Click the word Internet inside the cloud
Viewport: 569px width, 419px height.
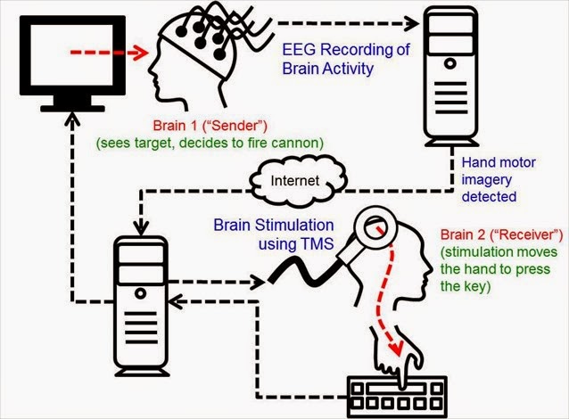tap(294, 180)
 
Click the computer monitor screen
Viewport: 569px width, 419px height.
tap(72, 55)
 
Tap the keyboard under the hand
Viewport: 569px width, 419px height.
tap(397, 397)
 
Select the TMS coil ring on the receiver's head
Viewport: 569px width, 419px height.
tap(375, 228)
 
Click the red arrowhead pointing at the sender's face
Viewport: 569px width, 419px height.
tap(140, 53)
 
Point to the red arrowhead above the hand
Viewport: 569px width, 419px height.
tap(397, 348)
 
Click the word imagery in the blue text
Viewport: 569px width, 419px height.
tap(487, 179)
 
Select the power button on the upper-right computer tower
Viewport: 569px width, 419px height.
tap(450, 63)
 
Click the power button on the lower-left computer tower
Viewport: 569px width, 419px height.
tap(140, 293)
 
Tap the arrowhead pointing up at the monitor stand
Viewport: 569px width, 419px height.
tap(72, 119)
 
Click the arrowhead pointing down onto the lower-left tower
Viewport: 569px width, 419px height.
tap(141, 228)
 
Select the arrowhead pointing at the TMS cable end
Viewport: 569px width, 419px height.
tap(259, 282)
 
